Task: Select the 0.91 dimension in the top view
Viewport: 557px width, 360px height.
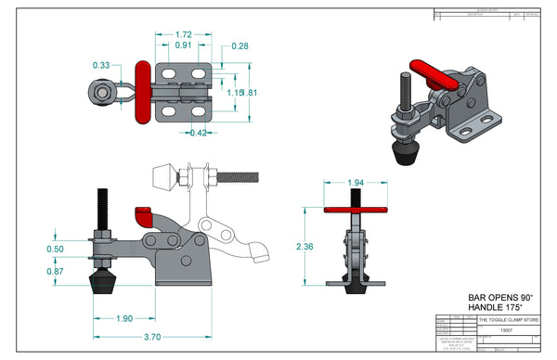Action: [184, 45]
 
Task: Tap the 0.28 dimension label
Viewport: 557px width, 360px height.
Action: [240, 45]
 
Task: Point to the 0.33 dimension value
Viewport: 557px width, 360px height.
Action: [101, 65]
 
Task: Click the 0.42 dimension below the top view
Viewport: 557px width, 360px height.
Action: [197, 133]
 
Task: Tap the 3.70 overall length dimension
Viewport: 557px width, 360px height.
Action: [154, 337]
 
